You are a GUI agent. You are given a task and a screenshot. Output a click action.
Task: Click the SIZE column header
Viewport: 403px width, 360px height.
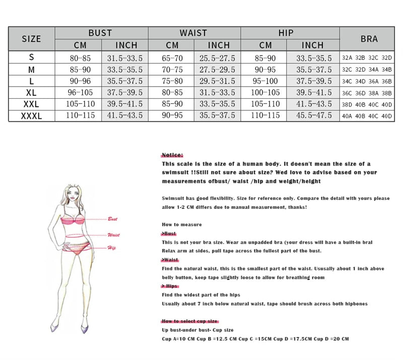click(x=32, y=39)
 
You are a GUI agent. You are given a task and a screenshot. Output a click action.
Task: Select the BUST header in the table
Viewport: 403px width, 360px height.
click(x=100, y=33)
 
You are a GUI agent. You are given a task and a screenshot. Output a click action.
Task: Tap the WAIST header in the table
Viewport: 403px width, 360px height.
click(x=193, y=33)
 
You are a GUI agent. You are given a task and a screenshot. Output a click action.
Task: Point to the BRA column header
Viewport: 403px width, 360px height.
click(x=369, y=39)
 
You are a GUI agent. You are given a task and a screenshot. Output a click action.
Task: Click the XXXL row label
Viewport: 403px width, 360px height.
click(x=32, y=116)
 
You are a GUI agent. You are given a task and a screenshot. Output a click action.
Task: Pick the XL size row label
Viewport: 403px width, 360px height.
click(x=32, y=93)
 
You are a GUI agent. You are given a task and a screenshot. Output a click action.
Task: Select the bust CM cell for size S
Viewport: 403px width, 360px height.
click(x=78, y=58)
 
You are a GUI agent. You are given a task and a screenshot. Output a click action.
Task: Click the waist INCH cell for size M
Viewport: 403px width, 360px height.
click(x=218, y=69)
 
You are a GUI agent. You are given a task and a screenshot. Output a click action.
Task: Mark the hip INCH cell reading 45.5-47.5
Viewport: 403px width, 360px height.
click(x=312, y=116)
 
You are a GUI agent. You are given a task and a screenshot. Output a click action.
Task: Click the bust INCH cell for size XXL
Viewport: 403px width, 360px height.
click(x=124, y=104)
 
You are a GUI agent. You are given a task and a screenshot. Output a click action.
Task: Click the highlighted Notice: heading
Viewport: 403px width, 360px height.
click(x=172, y=155)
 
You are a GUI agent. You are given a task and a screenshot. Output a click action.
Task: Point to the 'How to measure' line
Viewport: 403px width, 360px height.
click(x=181, y=225)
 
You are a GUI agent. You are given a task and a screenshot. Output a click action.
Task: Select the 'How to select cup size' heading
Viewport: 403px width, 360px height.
click(x=189, y=321)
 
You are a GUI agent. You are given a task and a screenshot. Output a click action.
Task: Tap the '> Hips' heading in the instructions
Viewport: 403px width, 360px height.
click(x=170, y=286)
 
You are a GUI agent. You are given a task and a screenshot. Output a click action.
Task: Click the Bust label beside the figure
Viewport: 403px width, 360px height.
click(x=112, y=220)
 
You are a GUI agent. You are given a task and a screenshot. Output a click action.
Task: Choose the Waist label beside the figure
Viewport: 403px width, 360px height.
click(x=113, y=235)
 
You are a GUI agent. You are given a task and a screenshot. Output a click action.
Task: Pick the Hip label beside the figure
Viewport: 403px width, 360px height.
click(x=111, y=247)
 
